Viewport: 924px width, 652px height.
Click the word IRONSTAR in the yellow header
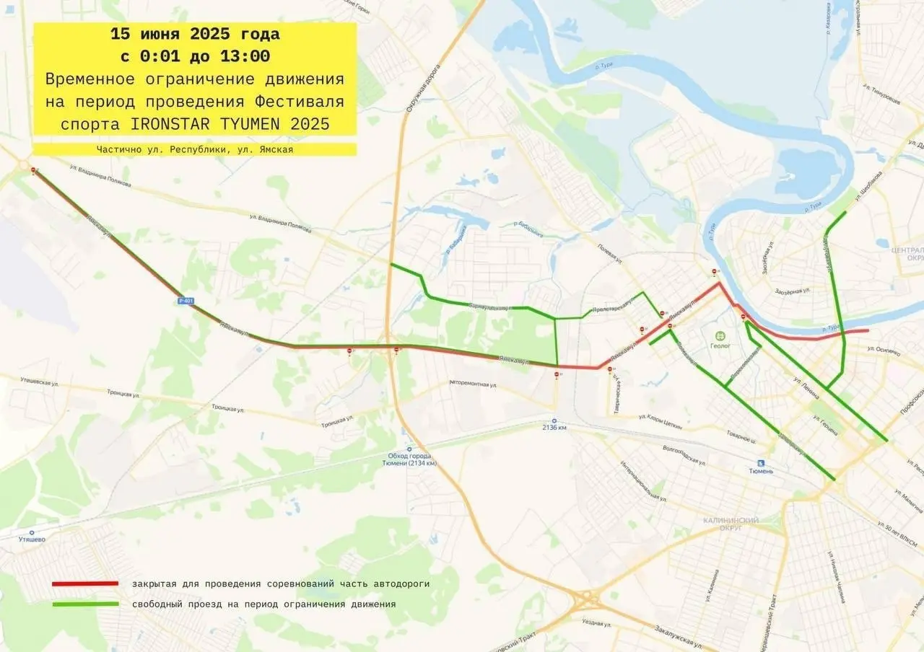pos(173,123)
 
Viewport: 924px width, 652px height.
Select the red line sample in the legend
pos(84,583)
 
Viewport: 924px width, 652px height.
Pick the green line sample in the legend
pos(84,604)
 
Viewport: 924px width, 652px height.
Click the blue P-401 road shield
pos(186,301)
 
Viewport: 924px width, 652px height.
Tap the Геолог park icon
pos(719,335)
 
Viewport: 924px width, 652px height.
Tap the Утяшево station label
pos(32,539)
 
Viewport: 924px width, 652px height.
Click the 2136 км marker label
pos(554,428)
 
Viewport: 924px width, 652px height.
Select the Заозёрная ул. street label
pos(794,291)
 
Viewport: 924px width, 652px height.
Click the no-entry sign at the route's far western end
pos(34,170)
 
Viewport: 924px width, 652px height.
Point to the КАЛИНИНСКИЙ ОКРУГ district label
pos(731,524)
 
